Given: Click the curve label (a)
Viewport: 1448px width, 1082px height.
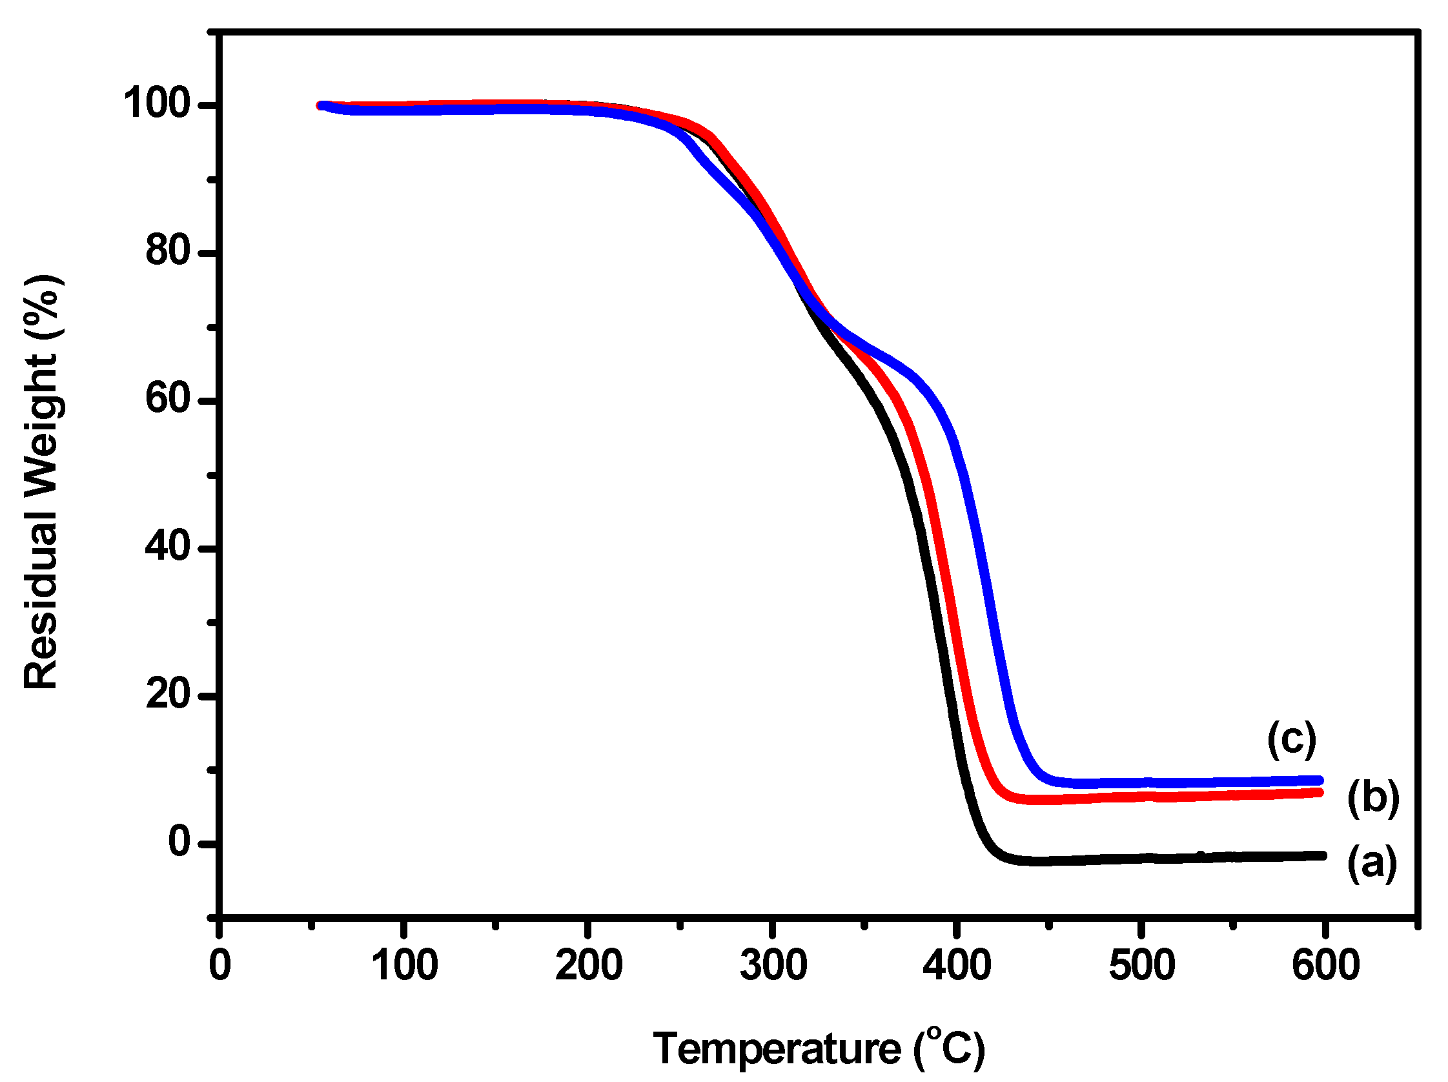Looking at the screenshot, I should pos(1371,863).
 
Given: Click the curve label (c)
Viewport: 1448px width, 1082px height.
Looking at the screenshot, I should pos(1291,739).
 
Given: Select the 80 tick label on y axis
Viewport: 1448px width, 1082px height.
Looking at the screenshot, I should pos(168,250).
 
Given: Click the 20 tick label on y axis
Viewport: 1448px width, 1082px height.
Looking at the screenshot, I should pos(168,693).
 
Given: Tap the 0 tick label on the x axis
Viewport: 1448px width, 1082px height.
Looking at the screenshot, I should pos(220,965).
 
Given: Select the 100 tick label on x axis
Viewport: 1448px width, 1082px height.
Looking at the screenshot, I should pos(404,965).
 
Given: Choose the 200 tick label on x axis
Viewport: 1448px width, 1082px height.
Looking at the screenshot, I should pos(589,965).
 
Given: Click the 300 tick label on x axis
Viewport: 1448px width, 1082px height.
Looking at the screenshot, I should pos(773,965).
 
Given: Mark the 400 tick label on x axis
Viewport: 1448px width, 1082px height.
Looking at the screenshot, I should pos(956,965).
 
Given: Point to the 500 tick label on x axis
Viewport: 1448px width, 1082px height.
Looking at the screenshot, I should pos(1141,965).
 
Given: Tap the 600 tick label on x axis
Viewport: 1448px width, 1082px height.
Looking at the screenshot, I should pos(1325,965).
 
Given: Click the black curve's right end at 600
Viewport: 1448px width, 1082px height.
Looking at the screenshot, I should pos(1321,855).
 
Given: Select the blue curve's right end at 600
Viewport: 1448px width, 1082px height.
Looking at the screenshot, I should pos(1320,781).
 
